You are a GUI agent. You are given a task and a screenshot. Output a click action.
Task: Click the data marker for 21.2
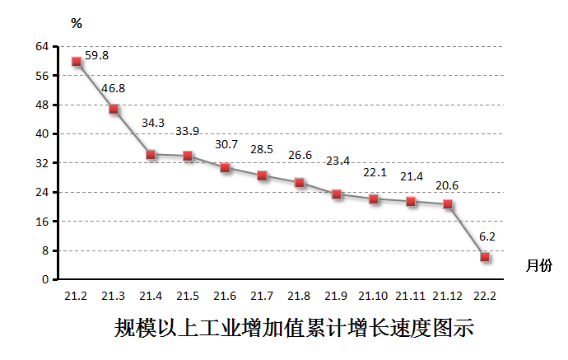[x=77, y=62]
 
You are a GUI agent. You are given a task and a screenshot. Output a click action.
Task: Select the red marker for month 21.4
[x=151, y=154]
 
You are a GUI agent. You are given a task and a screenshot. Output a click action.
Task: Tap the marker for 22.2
[x=485, y=257]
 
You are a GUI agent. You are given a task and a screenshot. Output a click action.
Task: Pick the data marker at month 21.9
[x=337, y=194]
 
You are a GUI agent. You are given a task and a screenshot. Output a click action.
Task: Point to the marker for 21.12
[x=448, y=204]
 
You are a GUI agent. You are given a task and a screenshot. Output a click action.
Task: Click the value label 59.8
[x=95, y=56]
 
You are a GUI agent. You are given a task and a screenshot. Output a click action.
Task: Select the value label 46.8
[x=113, y=88]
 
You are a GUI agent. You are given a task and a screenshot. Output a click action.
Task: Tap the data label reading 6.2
[x=487, y=236]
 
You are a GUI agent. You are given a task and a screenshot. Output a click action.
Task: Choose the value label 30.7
[x=226, y=144]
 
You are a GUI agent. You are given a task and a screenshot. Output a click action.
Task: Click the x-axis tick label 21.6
[x=225, y=296]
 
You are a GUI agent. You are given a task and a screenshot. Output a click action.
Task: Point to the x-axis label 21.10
[x=374, y=296]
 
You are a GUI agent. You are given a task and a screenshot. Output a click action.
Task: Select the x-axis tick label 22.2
[x=485, y=296]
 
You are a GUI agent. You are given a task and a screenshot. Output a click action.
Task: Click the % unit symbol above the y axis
[x=77, y=23]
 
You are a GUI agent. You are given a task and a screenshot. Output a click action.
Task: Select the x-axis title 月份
[x=539, y=265]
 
